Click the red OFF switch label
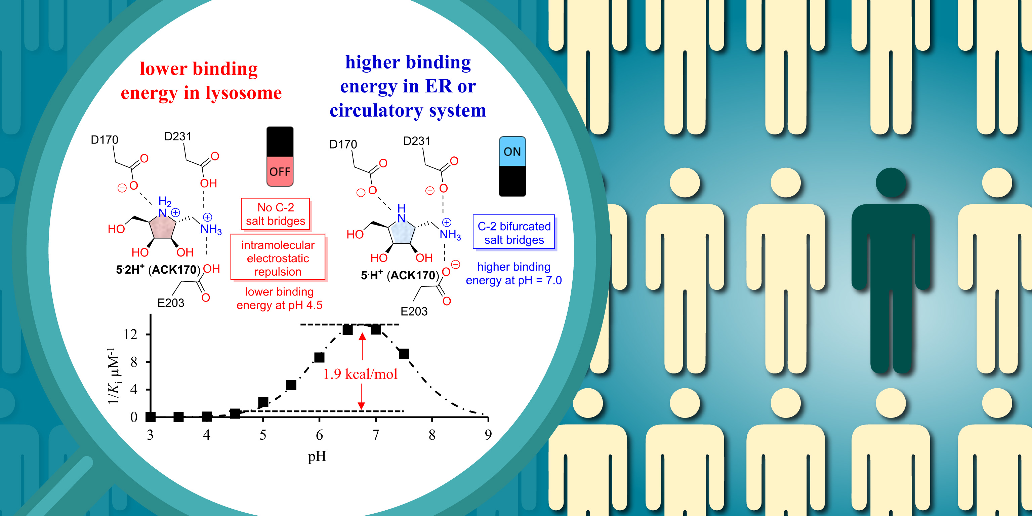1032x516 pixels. pos(280,171)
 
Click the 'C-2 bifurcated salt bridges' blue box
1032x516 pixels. pos(514,233)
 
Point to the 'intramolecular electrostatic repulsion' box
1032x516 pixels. pos(278,258)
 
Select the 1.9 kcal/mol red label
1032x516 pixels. pos(360,374)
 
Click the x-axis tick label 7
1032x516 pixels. pos(375,435)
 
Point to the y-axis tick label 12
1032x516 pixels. pos(131,334)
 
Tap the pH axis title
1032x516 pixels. pos(317,456)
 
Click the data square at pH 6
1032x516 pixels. pos(319,357)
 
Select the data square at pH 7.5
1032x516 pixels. pos(404,353)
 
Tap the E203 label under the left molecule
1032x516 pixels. pos(171,303)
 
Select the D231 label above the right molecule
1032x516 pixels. pos(417,141)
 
